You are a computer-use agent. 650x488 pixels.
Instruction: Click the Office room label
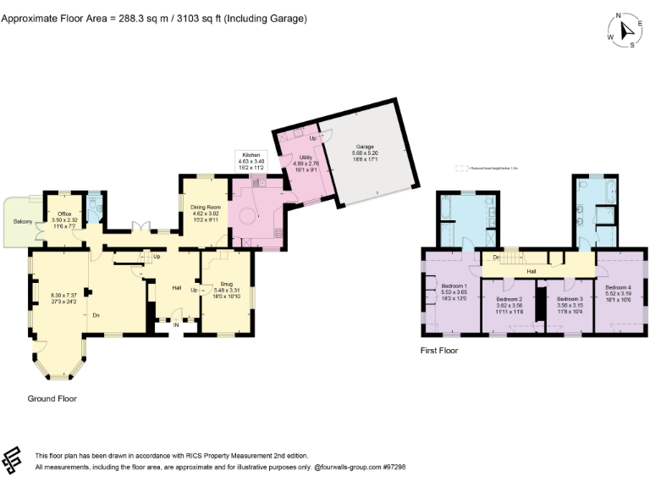[64, 214]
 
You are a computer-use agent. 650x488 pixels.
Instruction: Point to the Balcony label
[23, 222]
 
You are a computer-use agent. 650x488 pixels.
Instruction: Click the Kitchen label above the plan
[251, 156]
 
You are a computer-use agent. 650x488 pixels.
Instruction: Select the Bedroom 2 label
[510, 299]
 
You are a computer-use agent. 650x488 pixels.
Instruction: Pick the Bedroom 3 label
[570, 299]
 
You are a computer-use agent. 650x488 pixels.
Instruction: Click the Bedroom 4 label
[619, 287]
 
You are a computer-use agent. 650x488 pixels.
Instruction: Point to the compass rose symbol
[625, 30]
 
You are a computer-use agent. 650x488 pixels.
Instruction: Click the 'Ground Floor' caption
[52, 397]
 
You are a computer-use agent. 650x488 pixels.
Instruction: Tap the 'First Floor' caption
[439, 349]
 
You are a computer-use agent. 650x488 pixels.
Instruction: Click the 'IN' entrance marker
[176, 324]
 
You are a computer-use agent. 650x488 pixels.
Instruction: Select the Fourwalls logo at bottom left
[14, 460]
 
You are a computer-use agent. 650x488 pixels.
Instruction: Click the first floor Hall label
[532, 271]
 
